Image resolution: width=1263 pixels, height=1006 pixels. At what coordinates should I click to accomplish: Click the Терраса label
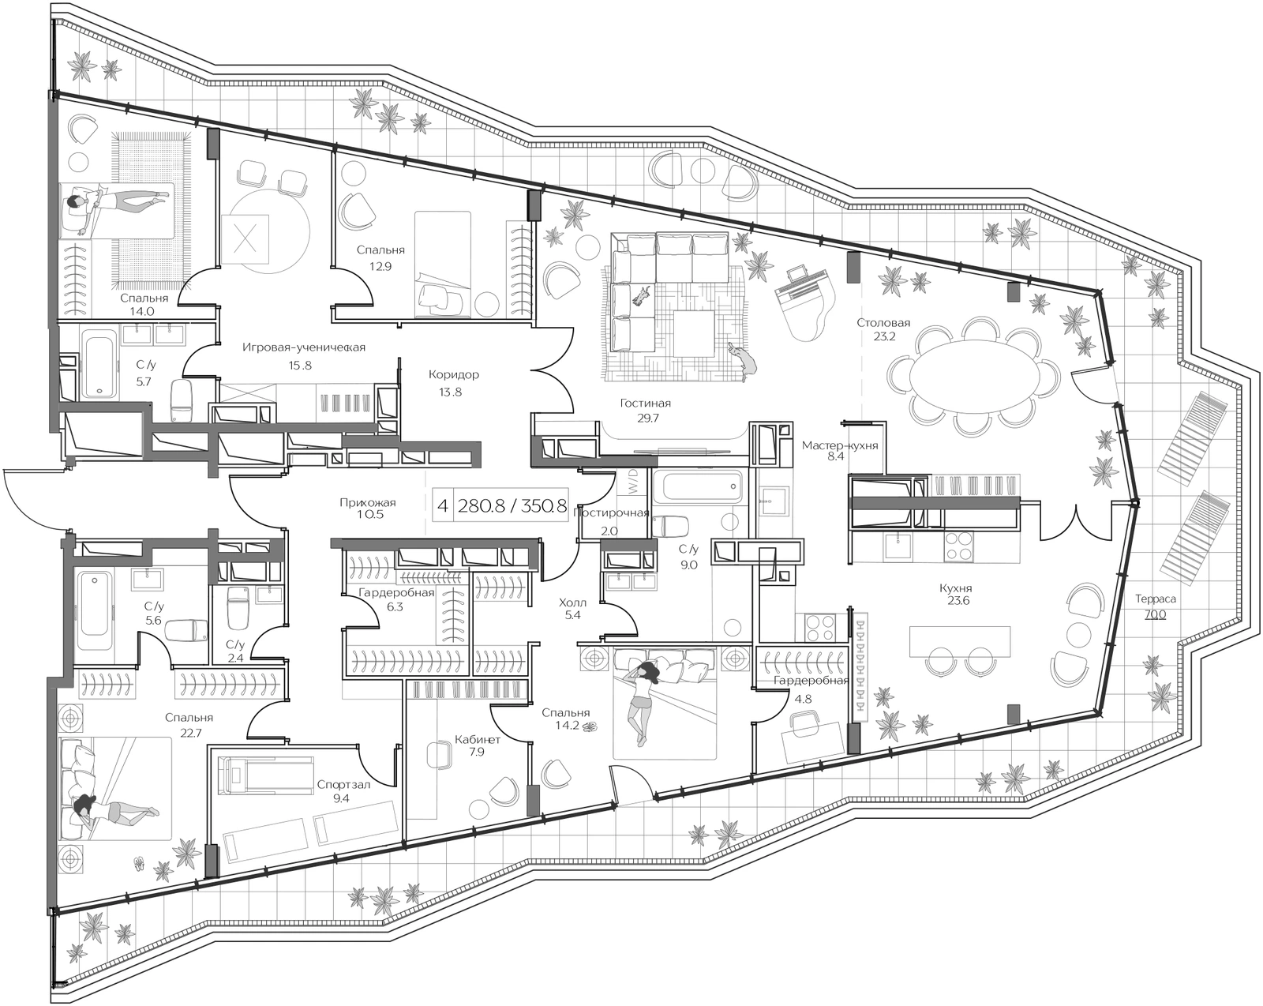point(1155,599)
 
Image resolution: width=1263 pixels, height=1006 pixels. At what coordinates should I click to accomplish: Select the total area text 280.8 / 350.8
point(512,505)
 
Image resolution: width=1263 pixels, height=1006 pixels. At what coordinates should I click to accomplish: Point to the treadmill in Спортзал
point(266,775)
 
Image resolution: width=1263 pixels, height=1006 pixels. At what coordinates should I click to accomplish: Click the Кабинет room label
point(477,739)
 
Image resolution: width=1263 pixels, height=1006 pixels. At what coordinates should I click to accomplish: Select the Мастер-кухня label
point(840,445)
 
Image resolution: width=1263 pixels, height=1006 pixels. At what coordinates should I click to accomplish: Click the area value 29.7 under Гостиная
point(645,419)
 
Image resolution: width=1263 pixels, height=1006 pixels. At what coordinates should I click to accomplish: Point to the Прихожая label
point(367,503)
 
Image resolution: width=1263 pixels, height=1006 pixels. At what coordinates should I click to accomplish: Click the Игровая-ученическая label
point(303,347)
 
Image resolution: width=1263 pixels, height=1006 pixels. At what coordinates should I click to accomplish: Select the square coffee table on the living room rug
point(694,333)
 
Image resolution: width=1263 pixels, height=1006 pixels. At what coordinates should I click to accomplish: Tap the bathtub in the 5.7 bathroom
point(97,364)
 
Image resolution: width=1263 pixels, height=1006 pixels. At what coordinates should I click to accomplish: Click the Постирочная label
point(611,512)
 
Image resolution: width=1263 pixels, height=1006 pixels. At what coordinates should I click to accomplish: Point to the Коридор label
point(453,374)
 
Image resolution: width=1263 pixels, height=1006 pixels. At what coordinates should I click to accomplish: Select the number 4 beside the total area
point(443,505)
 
